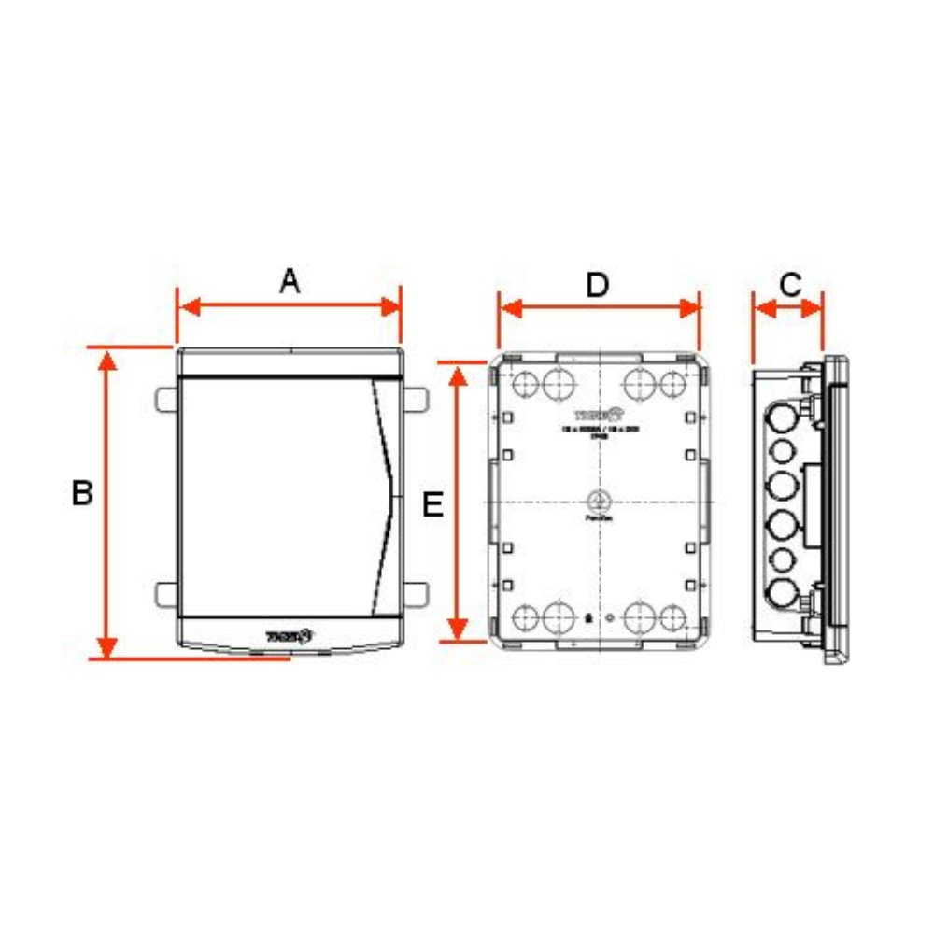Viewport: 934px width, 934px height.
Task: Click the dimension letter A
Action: pos(290,280)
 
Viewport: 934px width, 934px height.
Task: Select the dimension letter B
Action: pos(82,493)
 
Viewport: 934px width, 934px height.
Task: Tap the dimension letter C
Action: pos(790,284)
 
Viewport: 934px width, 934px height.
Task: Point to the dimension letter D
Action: pos(597,285)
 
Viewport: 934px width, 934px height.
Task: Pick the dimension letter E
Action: pos(432,505)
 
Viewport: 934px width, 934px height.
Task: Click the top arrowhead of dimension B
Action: pos(108,360)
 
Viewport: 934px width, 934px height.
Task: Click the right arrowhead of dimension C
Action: pos(814,307)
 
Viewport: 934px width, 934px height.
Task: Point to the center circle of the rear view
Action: pos(598,500)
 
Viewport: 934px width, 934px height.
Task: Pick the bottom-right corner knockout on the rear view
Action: pos(672,616)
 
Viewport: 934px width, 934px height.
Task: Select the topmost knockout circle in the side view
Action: pos(781,417)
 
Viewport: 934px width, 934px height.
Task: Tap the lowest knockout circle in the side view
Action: pos(781,592)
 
